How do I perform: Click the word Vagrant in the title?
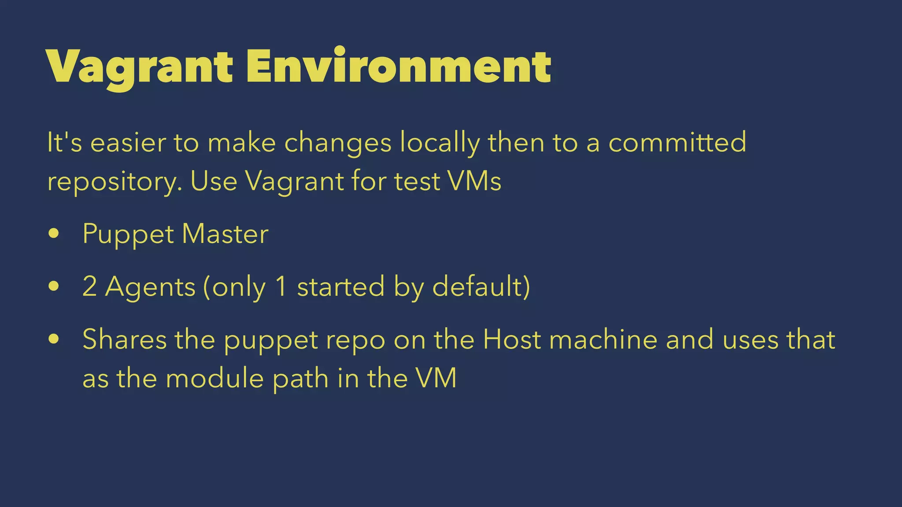coord(139,67)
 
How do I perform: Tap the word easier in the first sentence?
coord(128,143)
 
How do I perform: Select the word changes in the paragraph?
coord(338,143)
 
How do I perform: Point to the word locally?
coord(440,143)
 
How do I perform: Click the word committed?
coord(677,143)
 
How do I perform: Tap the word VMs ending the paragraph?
coord(474,181)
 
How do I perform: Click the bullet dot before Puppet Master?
coord(54,234)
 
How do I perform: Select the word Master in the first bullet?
coord(225,234)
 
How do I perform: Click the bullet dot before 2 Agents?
coord(54,287)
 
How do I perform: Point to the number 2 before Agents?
coord(89,287)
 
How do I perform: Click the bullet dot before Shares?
coord(54,339)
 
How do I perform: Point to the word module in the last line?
coord(214,378)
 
